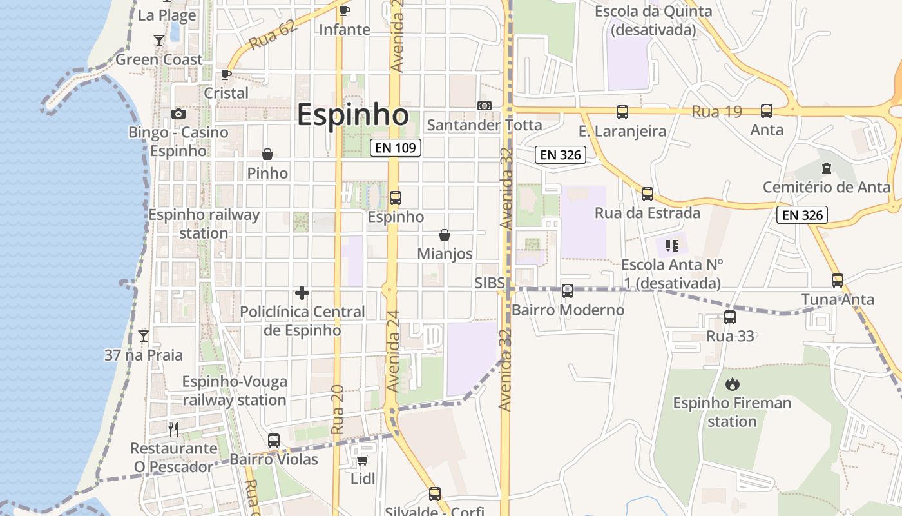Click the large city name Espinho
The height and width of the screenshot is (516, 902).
click(x=352, y=115)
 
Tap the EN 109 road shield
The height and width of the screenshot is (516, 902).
click(x=396, y=148)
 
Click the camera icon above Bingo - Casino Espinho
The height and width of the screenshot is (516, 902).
click(x=178, y=114)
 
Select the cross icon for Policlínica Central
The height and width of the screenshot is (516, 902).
click(x=302, y=293)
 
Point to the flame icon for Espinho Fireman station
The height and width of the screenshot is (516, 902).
click(x=732, y=384)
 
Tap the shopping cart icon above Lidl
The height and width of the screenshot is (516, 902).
click(x=362, y=460)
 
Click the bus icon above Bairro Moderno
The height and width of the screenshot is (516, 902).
click(x=568, y=291)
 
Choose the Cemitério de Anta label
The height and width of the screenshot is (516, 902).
click(x=827, y=187)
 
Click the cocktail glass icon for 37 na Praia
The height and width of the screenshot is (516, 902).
click(x=144, y=336)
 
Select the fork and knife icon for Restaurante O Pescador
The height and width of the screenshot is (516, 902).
click(x=173, y=429)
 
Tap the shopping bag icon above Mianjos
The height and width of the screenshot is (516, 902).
click(x=445, y=235)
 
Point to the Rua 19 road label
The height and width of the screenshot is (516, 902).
click(x=717, y=112)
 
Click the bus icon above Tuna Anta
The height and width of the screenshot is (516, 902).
click(x=838, y=281)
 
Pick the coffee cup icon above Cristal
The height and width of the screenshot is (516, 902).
click(x=226, y=74)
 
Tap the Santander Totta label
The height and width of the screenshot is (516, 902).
click(x=485, y=124)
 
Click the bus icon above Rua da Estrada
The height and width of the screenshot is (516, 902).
click(x=648, y=194)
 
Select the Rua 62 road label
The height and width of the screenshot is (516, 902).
click(x=272, y=35)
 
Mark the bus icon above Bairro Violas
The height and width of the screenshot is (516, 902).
click(x=274, y=441)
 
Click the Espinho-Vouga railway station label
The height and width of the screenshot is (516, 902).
click(x=234, y=391)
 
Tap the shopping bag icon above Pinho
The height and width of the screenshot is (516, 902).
click(x=267, y=154)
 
